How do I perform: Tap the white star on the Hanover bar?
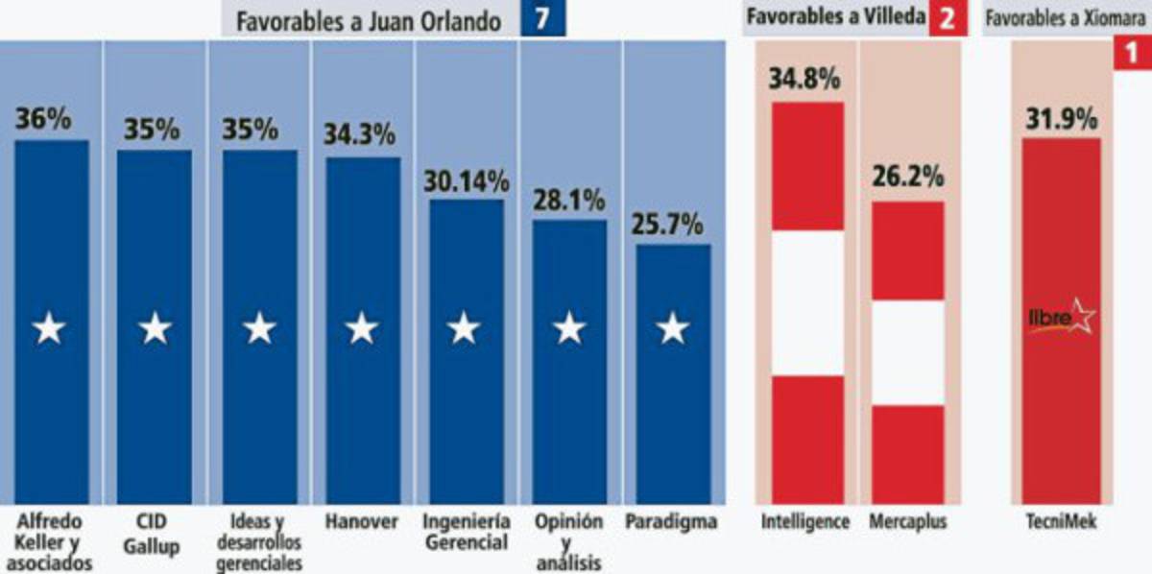361,330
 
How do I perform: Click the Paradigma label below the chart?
671,523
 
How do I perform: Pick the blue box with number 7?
542,19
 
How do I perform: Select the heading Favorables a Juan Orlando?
370,20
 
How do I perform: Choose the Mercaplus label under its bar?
907,523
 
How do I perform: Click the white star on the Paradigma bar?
672,330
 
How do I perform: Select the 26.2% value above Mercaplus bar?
907,179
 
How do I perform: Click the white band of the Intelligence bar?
807,302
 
